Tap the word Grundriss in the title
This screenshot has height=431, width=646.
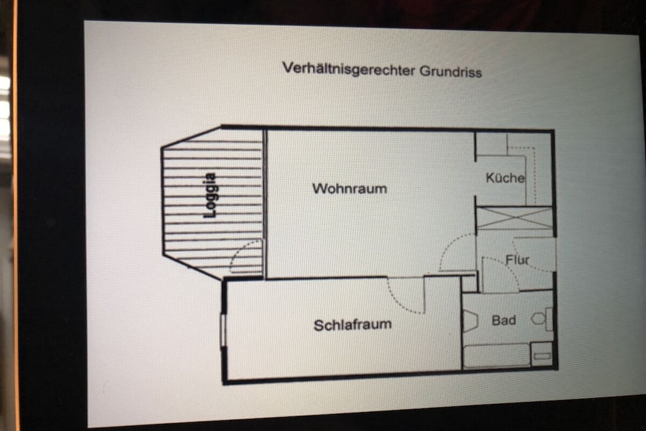[450, 72]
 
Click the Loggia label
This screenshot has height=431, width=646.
[209, 196]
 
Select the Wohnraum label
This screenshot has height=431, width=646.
[349, 189]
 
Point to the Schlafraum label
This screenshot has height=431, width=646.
[353, 325]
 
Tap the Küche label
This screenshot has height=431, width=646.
[505, 177]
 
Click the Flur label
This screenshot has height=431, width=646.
[517, 259]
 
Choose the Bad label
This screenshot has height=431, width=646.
[504, 320]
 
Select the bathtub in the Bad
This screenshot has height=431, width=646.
[496, 356]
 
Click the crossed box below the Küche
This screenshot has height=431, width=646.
[514, 219]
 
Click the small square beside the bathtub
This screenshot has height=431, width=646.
[542, 355]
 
